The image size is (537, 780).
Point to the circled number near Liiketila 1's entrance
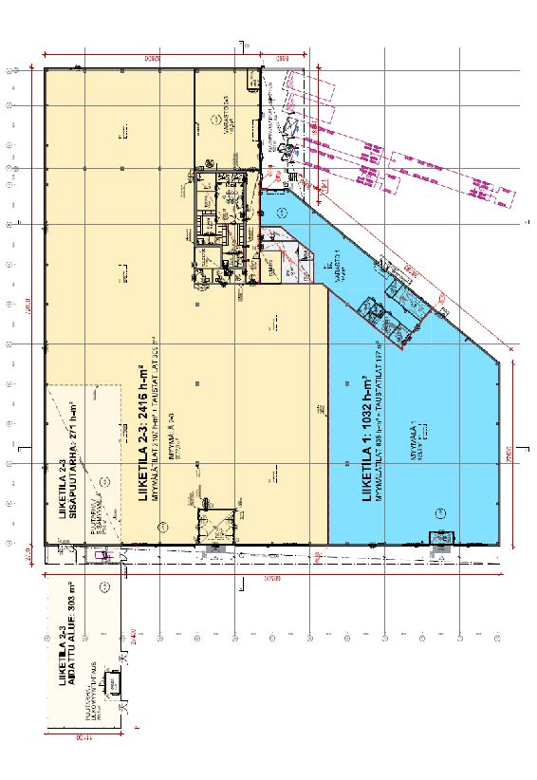[439, 512]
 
